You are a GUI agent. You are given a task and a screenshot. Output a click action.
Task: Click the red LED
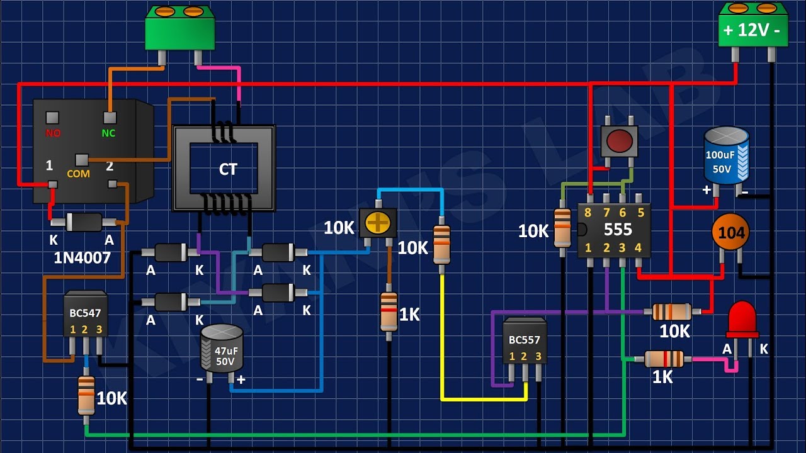742,320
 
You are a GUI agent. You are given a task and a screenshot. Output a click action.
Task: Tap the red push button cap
619,140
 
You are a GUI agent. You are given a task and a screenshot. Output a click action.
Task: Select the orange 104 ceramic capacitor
730,232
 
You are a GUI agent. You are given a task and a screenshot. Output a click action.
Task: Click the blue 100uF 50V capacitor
727,155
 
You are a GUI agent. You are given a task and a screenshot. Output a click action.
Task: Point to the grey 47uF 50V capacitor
222,348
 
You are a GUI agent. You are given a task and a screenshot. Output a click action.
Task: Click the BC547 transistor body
85,313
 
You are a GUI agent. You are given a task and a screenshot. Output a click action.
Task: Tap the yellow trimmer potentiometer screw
377,222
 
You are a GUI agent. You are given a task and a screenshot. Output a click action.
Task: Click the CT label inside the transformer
228,169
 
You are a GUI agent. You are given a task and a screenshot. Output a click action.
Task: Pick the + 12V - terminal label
752,30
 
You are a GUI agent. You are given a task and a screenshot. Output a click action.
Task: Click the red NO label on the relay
53,133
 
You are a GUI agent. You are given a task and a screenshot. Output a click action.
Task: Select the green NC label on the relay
108,133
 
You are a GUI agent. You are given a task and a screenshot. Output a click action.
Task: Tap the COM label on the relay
79,174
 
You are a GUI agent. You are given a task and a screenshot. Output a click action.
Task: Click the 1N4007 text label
82,258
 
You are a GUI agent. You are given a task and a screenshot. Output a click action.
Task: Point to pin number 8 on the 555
587,213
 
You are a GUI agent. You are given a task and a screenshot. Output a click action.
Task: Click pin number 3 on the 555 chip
622,248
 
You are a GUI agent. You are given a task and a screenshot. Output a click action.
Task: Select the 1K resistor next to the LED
664,359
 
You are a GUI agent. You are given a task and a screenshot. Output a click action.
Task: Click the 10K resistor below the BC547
86,396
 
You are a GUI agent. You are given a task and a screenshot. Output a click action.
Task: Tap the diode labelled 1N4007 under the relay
84,222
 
